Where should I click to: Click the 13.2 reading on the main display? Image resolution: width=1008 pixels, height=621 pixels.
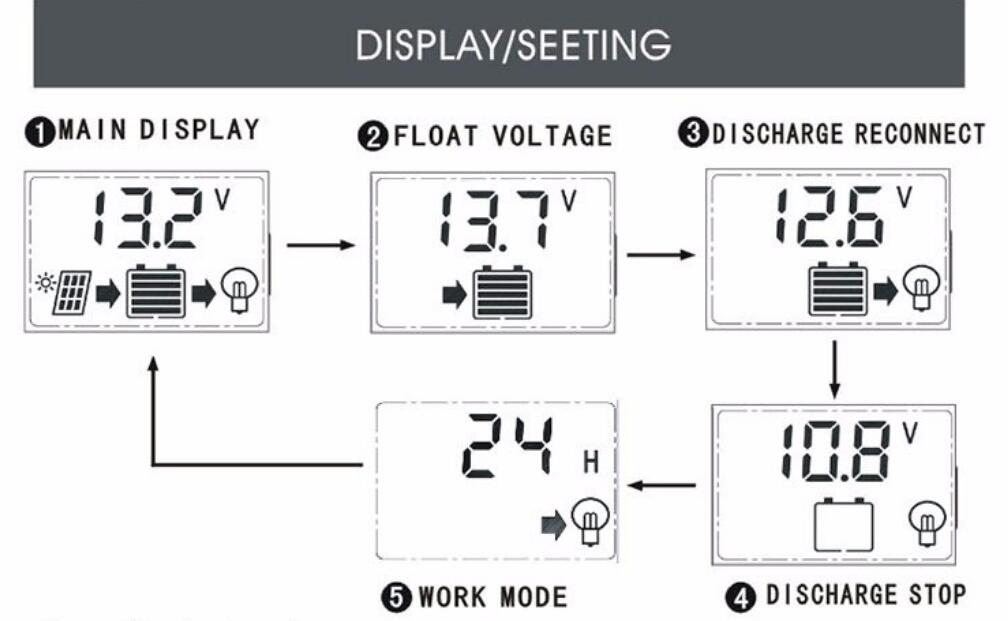(148, 218)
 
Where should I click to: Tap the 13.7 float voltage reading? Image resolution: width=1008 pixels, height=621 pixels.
(495, 220)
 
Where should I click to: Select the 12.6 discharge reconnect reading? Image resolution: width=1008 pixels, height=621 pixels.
(830, 216)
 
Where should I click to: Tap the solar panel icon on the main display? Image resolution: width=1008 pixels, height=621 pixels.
(71, 292)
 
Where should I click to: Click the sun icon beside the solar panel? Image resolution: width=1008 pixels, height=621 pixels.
(46, 282)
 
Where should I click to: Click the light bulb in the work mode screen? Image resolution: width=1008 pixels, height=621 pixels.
(590, 521)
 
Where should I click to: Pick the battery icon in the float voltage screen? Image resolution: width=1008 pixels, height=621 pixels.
(502, 293)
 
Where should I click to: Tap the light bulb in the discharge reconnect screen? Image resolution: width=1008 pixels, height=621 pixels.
(921, 289)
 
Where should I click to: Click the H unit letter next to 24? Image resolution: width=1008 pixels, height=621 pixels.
(591, 462)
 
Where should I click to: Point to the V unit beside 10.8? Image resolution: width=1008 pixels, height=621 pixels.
(910, 433)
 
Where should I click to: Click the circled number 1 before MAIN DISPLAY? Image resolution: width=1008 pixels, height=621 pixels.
(40, 132)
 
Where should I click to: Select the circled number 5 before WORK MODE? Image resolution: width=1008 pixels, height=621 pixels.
(397, 598)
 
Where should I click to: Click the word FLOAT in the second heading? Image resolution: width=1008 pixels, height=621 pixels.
(435, 136)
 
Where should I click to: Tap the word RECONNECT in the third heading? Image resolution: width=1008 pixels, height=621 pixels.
(920, 134)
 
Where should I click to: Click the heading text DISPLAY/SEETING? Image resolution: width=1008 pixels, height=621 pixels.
(513, 44)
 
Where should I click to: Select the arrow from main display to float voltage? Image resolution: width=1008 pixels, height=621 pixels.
(321, 245)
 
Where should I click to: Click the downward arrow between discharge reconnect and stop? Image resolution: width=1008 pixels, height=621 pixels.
(834, 370)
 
